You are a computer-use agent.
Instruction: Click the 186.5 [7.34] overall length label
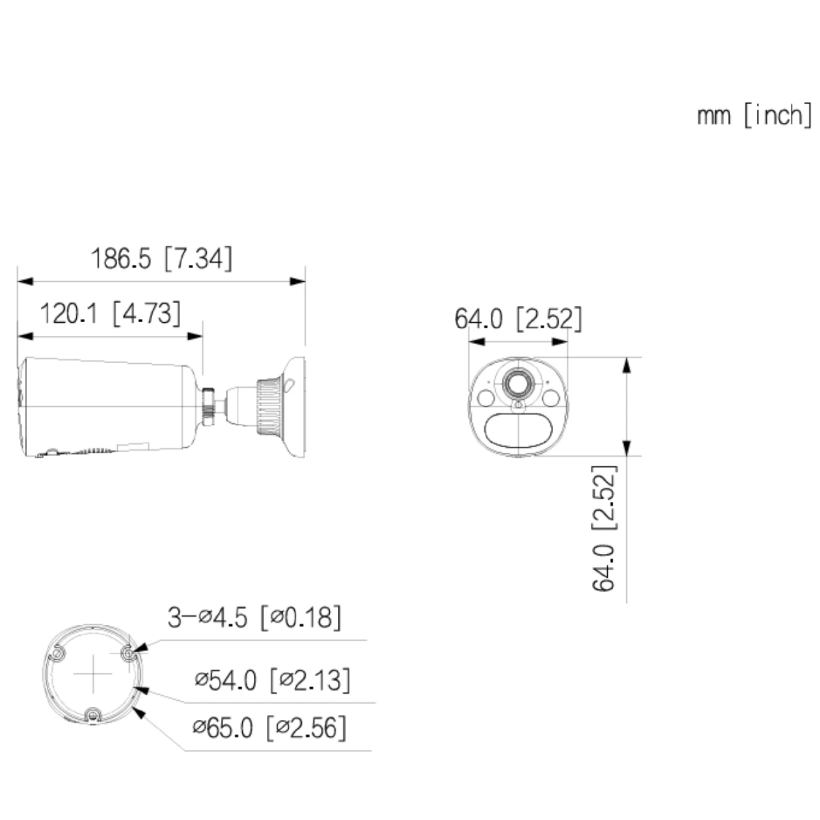click(161, 259)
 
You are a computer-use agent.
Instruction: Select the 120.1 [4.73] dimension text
click(111, 314)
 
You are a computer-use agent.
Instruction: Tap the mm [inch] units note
click(754, 115)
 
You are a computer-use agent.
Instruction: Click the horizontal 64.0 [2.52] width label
click(519, 318)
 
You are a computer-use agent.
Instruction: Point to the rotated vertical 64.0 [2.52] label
click(604, 528)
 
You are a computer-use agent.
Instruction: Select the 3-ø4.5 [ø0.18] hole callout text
click(254, 618)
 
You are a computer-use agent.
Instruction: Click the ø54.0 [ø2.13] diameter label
click(272, 680)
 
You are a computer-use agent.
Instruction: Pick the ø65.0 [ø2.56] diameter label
click(269, 728)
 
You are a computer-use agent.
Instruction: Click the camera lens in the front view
click(518, 385)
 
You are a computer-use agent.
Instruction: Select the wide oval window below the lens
click(518, 431)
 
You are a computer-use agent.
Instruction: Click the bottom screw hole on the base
click(92, 715)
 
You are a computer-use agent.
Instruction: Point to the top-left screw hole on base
click(59, 655)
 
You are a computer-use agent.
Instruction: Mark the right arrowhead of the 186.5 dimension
click(298, 281)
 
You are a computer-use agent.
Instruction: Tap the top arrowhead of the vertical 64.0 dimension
click(625, 365)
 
